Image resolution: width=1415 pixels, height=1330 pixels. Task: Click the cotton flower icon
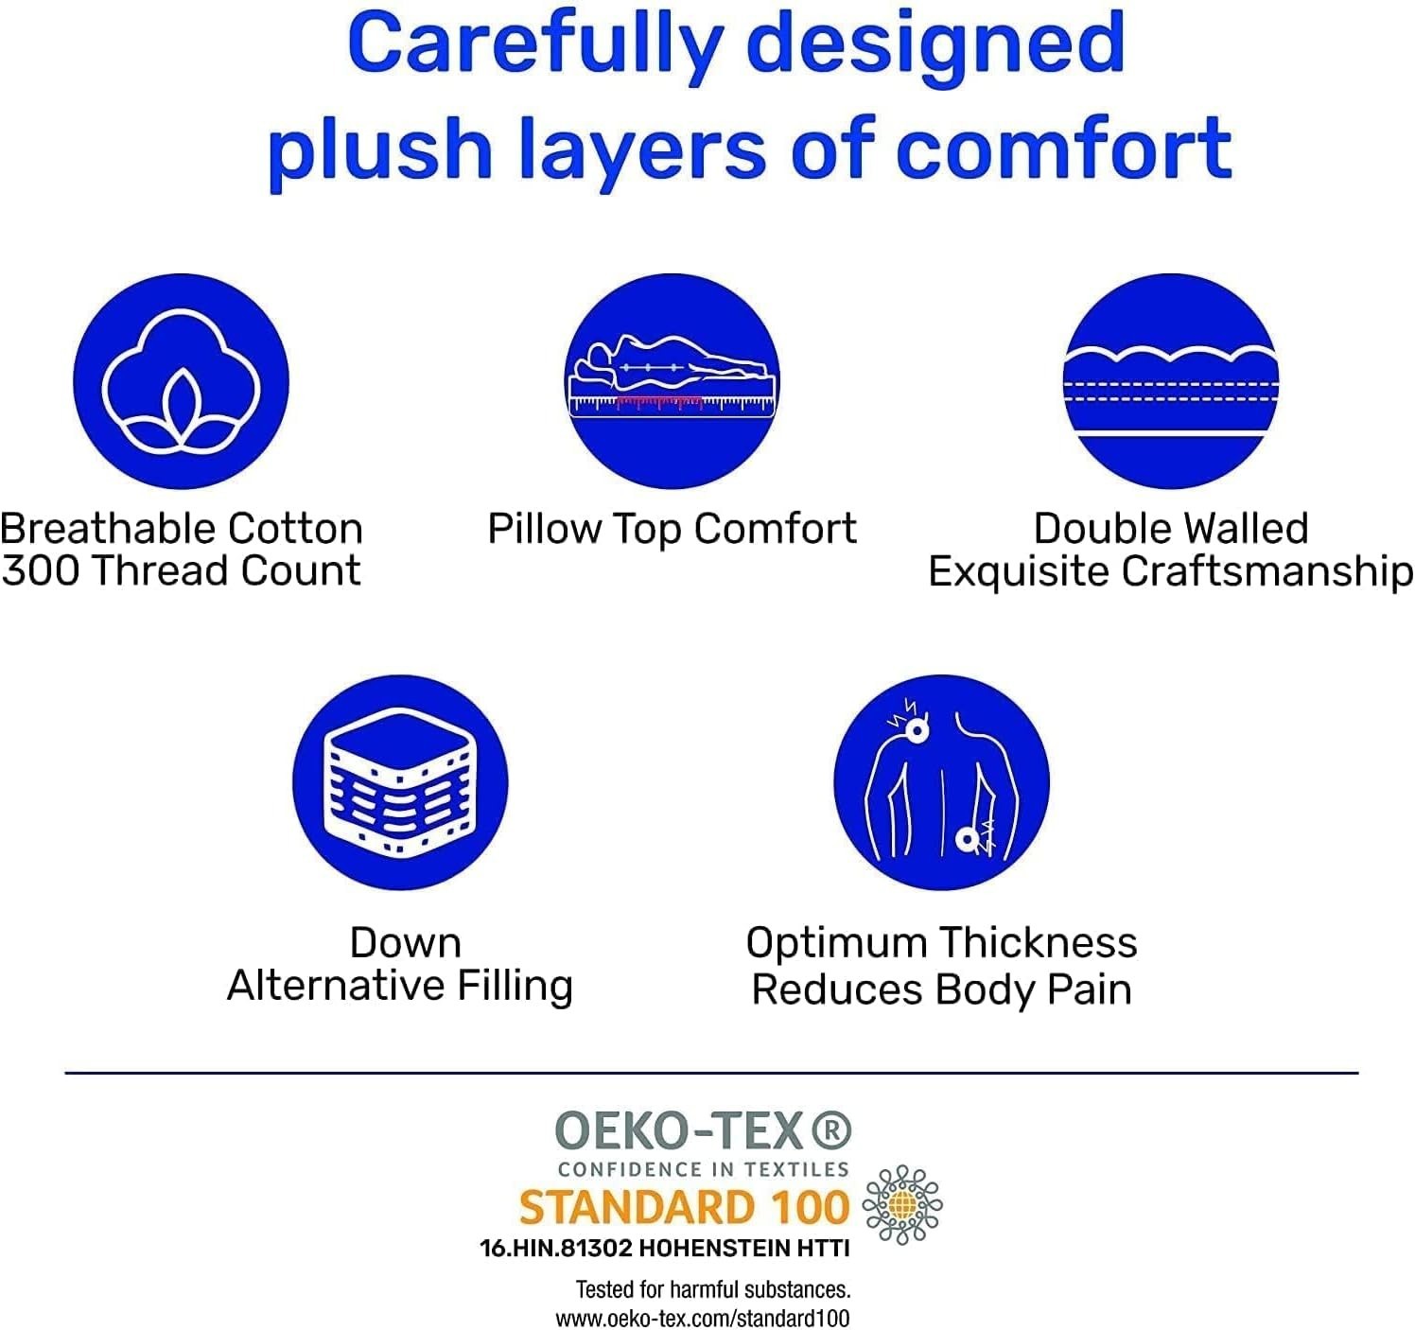point(181,381)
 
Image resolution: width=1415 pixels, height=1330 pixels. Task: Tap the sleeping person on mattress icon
point(672,381)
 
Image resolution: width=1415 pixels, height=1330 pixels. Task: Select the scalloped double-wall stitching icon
point(1171,381)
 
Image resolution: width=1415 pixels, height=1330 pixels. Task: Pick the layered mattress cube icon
point(400,782)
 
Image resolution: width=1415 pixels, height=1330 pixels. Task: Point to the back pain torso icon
point(941,782)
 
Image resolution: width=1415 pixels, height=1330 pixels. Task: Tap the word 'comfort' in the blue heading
point(1064,149)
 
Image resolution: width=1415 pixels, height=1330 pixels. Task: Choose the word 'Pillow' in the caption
point(545,529)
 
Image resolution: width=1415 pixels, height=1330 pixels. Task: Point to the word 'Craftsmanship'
point(1267,572)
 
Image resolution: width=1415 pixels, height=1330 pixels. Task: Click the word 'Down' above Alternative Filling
point(406,943)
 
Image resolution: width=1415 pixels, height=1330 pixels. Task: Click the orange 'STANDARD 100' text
point(684,1207)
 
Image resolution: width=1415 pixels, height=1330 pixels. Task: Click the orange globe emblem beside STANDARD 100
point(902,1205)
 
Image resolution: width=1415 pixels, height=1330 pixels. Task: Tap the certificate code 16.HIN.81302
point(556,1248)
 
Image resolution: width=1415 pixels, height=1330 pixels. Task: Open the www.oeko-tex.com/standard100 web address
point(703,1318)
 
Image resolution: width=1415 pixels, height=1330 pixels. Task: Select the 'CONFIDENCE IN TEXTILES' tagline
point(703,1169)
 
